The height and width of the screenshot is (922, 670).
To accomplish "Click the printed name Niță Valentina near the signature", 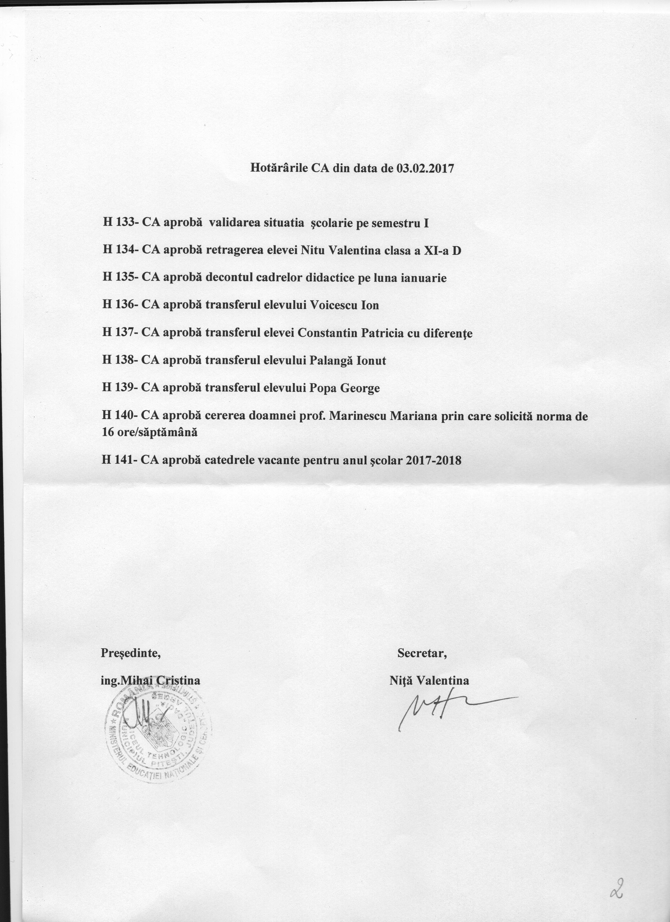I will point(429,681).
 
